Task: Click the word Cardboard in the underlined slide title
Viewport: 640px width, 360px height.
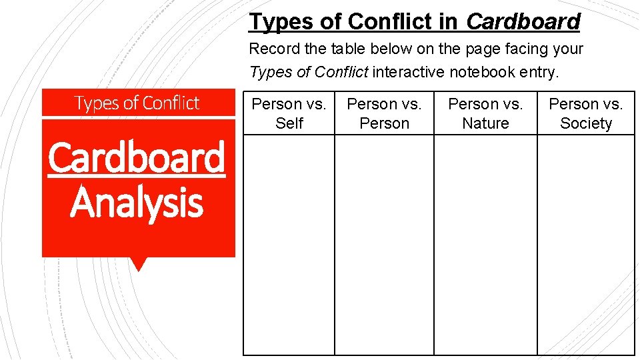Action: tap(523, 21)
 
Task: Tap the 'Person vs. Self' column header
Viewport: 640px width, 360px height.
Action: tap(289, 113)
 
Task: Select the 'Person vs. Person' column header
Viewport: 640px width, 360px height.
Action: tap(384, 113)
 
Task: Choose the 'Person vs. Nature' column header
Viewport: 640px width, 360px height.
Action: tap(485, 113)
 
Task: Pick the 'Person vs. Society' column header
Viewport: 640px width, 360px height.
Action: tap(586, 113)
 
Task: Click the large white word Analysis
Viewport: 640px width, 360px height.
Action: tap(137, 203)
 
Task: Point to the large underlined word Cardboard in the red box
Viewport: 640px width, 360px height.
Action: tap(137, 158)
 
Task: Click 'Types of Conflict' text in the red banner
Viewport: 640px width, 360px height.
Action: tap(137, 103)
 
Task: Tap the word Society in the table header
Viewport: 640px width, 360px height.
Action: tap(586, 123)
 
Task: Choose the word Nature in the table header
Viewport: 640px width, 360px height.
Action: tap(485, 123)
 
